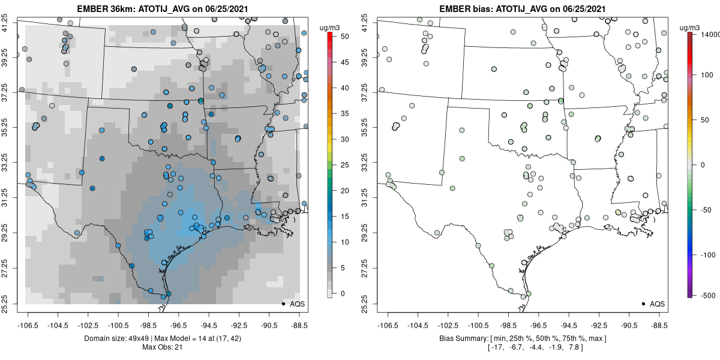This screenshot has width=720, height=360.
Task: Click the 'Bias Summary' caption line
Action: tap(523, 338)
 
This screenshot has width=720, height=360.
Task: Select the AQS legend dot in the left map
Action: tap(283, 304)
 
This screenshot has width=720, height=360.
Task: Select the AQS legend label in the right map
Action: tap(657, 304)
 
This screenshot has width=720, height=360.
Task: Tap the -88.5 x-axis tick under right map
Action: tap(659, 325)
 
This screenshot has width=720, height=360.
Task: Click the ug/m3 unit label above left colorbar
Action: tap(329, 28)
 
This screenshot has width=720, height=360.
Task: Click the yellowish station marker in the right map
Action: tap(619, 212)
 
